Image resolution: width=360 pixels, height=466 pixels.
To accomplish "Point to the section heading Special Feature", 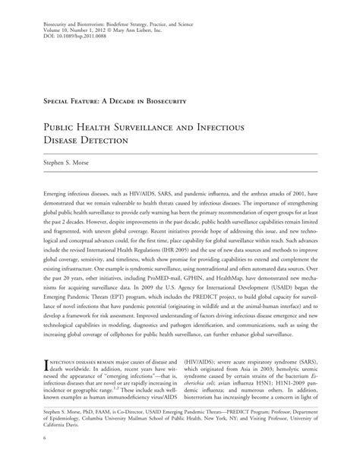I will pos(83,101).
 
